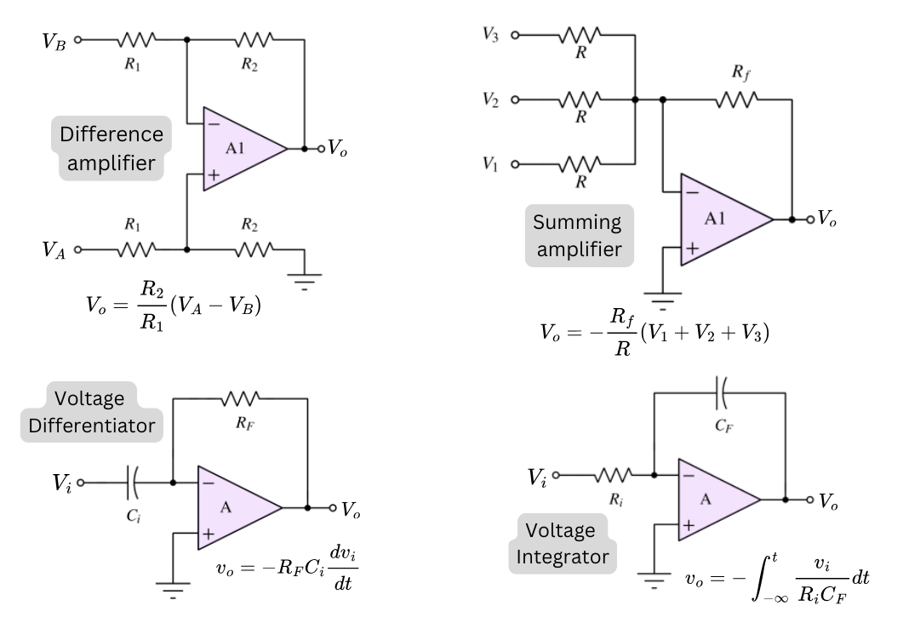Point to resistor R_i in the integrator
coord(614,475)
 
